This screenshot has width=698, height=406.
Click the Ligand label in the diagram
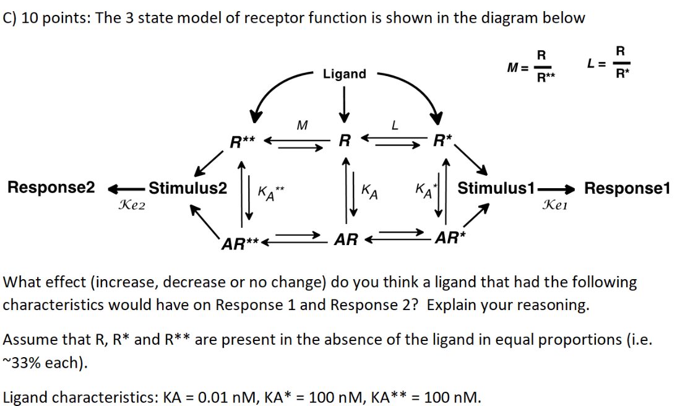[344, 74]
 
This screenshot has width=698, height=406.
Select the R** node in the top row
[243, 142]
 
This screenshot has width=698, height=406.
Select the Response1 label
[627, 188]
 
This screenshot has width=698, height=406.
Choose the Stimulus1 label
[496, 188]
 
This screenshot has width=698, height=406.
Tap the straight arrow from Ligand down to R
[345, 104]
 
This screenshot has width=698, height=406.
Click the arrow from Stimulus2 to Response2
[127, 188]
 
